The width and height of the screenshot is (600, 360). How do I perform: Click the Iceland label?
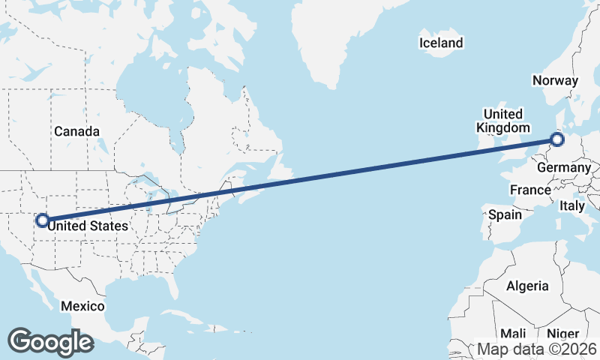pyautogui.click(x=441, y=43)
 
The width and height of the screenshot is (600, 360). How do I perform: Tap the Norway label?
pyautogui.click(x=555, y=81)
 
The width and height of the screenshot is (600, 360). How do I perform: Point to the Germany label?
pyautogui.click(x=564, y=168)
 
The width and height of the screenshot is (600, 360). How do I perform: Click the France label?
pyautogui.click(x=530, y=190)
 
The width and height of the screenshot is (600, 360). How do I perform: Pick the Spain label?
pyautogui.click(x=505, y=214)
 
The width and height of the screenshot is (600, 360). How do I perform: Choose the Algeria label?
pyautogui.click(x=527, y=286)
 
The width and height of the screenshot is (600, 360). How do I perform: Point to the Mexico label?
pyautogui.click(x=82, y=307)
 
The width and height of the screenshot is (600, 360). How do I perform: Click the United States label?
pyautogui.click(x=88, y=224)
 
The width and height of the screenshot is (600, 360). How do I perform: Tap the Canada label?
pyautogui.click(x=76, y=131)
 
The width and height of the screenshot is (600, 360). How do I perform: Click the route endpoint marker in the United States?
pyautogui.click(x=43, y=220)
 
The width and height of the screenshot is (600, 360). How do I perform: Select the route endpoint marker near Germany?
pyautogui.click(x=556, y=139)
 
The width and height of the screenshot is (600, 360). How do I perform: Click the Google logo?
pyautogui.click(x=50, y=341)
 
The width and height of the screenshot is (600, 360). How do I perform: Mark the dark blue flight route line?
pyautogui.click(x=300, y=180)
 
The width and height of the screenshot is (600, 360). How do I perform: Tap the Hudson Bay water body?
pyautogui.click(x=154, y=101)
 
